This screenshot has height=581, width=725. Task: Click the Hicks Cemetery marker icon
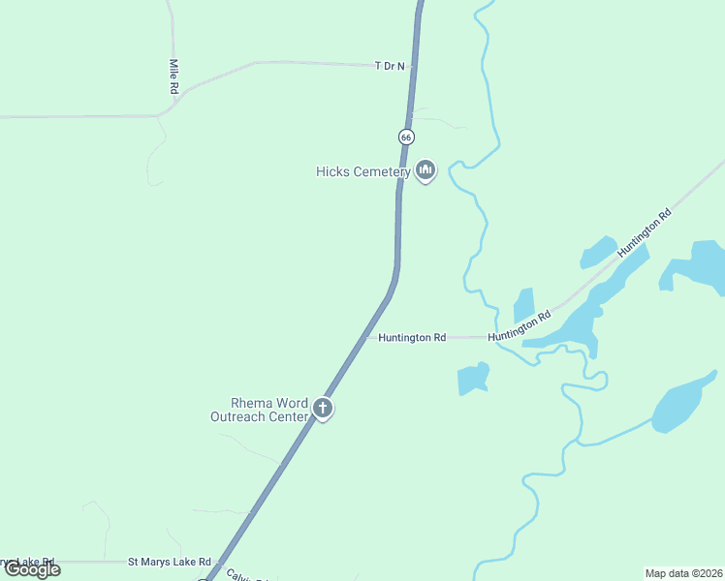pos(425,171)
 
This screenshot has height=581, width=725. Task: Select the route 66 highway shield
pos(406,137)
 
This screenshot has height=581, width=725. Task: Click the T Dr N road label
pos(390,66)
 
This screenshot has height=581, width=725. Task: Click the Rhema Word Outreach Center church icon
pos(323,409)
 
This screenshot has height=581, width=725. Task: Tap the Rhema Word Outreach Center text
pos(259,411)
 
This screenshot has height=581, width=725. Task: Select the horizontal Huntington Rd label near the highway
pos(412,338)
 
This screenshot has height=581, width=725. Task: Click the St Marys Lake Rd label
pos(170,562)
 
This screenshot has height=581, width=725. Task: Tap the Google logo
pos(32,569)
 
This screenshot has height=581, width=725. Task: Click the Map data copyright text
pos(683,573)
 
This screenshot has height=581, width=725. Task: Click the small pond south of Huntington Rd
pos(473,379)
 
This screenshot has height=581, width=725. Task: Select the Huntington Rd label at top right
pos(658,232)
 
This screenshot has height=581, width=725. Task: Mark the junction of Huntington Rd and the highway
pos(368,337)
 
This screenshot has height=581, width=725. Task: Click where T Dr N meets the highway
pos(414,67)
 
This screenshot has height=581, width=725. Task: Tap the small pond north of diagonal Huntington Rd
pos(597,252)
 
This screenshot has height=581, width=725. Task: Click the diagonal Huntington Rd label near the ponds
pos(520,326)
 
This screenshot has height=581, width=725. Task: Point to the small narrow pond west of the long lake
pos(523,304)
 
